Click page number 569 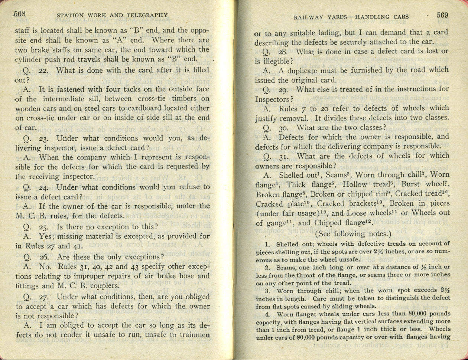(x=442, y=15)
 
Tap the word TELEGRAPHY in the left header (x=146, y=15)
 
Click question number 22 (x=44, y=70)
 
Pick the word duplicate (x=299, y=70)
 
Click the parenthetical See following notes (x=353, y=234)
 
